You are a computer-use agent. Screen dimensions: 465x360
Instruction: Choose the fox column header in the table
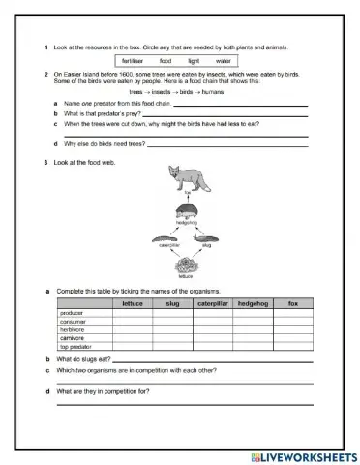pyautogui.click(x=292, y=304)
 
